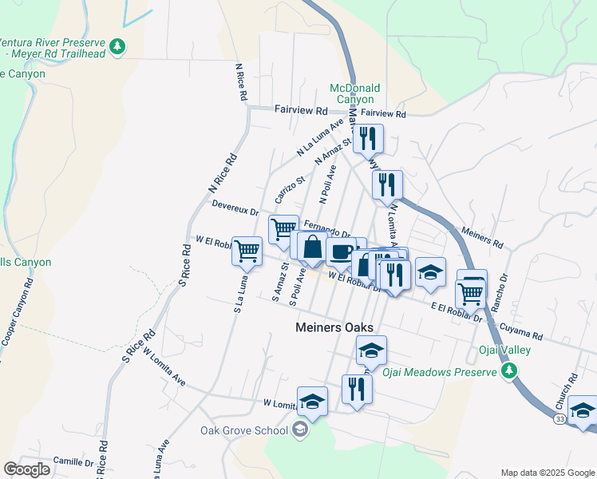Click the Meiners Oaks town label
click(x=334, y=327)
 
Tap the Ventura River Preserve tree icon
click(x=118, y=47)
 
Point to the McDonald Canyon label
click(x=354, y=93)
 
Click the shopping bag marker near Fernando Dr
click(x=312, y=249)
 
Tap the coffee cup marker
click(x=341, y=252)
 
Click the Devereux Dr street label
click(x=235, y=208)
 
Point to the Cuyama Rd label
click(x=520, y=331)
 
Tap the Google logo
click(x=27, y=469)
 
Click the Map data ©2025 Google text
click(x=546, y=473)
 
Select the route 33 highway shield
click(x=559, y=418)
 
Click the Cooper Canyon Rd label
click(x=18, y=311)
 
